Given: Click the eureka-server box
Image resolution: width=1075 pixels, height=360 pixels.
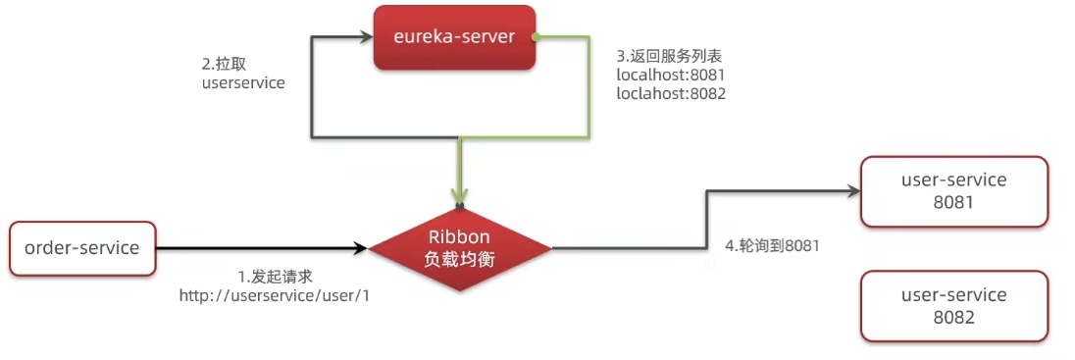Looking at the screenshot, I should pos(455,36).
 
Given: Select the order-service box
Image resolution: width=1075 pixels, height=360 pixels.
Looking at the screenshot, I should pos(81,248).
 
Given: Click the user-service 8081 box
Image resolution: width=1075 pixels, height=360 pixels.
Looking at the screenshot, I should pos(953,190).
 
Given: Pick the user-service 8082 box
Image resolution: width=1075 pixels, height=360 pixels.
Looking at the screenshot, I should pos(953,305).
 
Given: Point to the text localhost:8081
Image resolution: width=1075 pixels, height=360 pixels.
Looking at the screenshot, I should pos(671,75).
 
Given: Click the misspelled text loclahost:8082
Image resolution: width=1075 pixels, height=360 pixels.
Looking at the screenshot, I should pos(671,93).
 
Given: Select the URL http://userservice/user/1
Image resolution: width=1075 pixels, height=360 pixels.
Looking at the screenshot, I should pos(274,295).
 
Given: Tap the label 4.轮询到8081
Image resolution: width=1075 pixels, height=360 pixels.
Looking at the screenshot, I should pos(771,245).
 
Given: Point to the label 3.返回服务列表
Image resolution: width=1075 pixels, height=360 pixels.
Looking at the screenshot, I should pos(669,55).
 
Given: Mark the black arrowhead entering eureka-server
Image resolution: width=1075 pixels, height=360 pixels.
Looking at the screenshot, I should pos(367,37).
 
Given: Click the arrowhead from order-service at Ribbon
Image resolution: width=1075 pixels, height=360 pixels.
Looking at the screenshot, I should pos(361,249).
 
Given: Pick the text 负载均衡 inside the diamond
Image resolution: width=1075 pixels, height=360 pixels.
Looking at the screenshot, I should pos(459,260).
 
